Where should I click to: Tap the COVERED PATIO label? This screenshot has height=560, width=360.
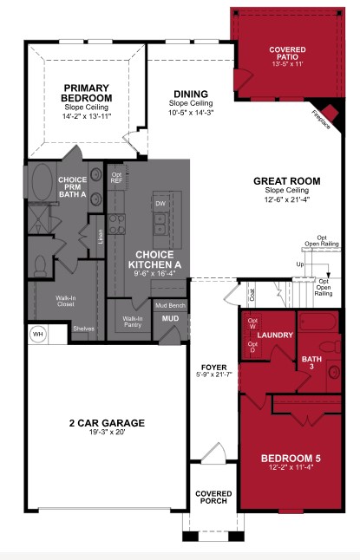pyautogui.click(x=286, y=51)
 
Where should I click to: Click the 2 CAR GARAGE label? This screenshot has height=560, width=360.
pyautogui.click(x=107, y=423)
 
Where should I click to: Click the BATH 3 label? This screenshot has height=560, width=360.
pyautogui.click(x=311, y=361)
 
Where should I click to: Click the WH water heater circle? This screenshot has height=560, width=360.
pyautogui.click(x=37, y=333)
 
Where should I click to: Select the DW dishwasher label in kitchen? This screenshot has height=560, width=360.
pyautogui.click(x=160, y=204)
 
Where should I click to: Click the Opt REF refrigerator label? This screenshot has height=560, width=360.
pyautogui.click(x=117, y=178)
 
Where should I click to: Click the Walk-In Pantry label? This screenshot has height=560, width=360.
pyautogui.click(x=133, y=322)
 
